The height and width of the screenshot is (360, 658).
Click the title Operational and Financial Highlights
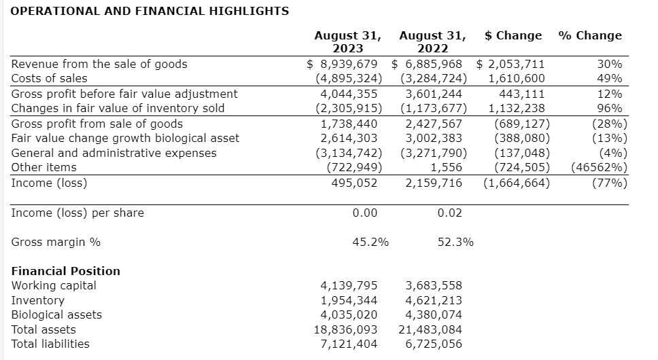(x=150, y=11)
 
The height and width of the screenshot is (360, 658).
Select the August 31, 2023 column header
(x=347, y=41)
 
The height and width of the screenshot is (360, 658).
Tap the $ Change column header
(x=513, y=35)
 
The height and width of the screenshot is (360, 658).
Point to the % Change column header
(x=589, y=35)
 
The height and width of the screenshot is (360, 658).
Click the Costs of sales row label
(x=50, y=79)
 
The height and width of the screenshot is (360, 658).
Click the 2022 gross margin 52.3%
(x=455, y=242)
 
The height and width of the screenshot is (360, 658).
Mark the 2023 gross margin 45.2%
(x=370, y=242)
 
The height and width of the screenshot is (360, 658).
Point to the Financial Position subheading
(x=66, y=271)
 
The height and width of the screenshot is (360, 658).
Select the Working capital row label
(x=54, y=285)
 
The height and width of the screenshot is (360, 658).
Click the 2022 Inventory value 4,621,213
(x=434, y=300)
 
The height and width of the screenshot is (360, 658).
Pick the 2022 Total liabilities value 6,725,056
(x=434, y=344)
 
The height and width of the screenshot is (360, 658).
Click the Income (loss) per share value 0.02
(x=450, y=213)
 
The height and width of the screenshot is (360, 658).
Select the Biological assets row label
(x=57, y=314)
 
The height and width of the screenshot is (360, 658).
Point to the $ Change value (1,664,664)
(x=517, y=183)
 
